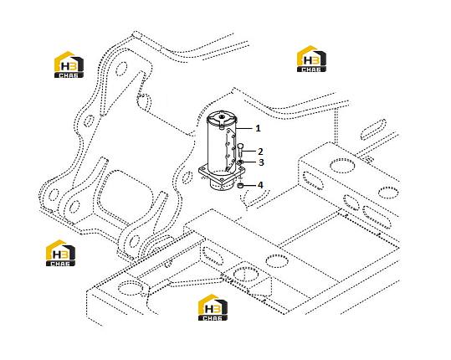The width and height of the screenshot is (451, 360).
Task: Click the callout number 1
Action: (258, 128)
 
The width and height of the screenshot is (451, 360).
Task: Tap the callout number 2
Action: (260, 152)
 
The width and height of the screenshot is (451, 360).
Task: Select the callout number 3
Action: (261, 162)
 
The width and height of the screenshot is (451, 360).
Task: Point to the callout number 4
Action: (260, 185)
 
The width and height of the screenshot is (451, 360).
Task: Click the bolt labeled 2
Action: (241, 150)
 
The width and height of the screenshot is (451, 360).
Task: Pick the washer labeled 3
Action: (240, 162)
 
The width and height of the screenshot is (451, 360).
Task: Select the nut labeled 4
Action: (240, 186)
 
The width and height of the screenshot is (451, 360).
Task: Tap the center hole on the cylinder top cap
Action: (222, 117)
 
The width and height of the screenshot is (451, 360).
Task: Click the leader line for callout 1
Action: (244, 128)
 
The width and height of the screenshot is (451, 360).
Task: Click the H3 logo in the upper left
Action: (69, 64)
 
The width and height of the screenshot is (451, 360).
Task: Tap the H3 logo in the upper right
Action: (311, 59)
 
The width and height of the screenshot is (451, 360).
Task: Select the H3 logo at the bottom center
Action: (213, 307)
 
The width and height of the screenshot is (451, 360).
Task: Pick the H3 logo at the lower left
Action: (61, 253)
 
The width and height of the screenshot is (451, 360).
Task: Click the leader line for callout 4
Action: (249, 185)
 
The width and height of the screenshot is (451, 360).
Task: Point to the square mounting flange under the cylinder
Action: (222, 175)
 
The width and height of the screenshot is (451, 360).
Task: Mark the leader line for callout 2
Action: (249, 151)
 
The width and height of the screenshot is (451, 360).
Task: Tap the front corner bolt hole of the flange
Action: (222, 180)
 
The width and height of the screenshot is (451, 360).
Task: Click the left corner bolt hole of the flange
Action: (203, 170)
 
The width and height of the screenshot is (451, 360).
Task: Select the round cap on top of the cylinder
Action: (222, 118)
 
